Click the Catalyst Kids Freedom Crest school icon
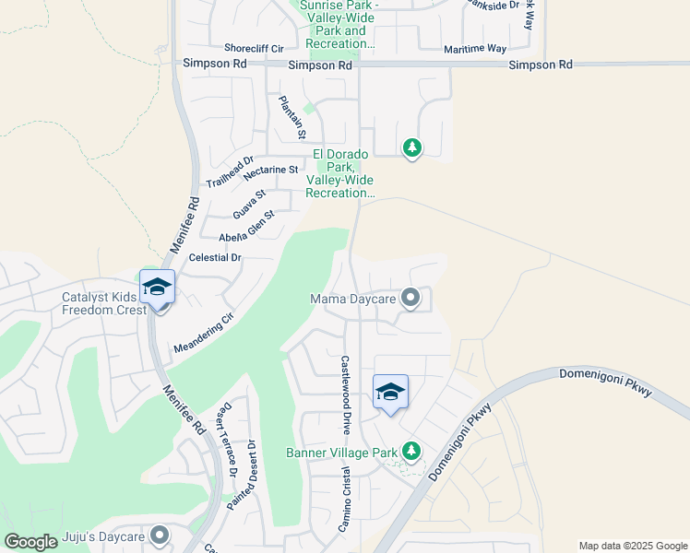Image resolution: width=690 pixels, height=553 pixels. point(157,288)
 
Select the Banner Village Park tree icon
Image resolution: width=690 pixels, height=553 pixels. point(411,452)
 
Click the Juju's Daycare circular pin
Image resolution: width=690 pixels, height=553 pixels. point(161,535)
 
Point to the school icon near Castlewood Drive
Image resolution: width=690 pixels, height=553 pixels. point(390,393)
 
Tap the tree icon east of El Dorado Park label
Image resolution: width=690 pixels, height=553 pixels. point(412,147)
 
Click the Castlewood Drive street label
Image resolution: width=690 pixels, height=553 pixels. point(346,394)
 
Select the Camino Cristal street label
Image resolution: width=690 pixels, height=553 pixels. point(347,499)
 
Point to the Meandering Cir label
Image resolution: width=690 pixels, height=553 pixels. point(205,333)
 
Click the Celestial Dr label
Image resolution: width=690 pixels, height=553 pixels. point(214,258)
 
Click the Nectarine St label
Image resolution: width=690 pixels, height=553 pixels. point(270,170)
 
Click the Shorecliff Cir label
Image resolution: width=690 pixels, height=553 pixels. point(258,48)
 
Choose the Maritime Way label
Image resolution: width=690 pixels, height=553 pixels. point(474,49)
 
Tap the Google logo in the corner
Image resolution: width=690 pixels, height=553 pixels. point(31,542)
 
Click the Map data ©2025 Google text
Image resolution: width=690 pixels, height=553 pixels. point(632,546)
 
